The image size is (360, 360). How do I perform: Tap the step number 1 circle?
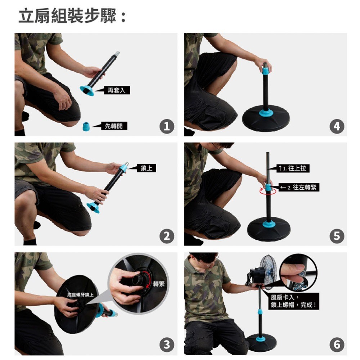[x=167, y=126]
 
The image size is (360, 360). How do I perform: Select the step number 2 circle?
[x=167, y=236]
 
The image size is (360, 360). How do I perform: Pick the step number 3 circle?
[x=167, y=345]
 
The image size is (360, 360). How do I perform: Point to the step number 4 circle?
[x=337, y=126]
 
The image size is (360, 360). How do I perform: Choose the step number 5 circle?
[x=337, y=236]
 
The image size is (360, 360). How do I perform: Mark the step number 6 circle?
[x=337, y=345]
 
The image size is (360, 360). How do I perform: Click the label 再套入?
[x=117, y=90]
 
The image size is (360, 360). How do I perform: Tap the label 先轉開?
[x=114, y=126]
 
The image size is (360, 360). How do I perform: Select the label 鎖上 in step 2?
[x=147, y=168]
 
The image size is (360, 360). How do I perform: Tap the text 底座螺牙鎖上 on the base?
[x=80, y=294]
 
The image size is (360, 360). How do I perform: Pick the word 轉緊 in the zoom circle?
[x=159, y=284]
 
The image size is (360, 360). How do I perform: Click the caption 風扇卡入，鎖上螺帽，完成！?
[x=294, y=301]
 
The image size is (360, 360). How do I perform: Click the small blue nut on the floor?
[x=86, y=126]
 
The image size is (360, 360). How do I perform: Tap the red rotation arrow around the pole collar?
[x=268, y=192]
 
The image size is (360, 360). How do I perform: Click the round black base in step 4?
[x=266, y=118]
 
